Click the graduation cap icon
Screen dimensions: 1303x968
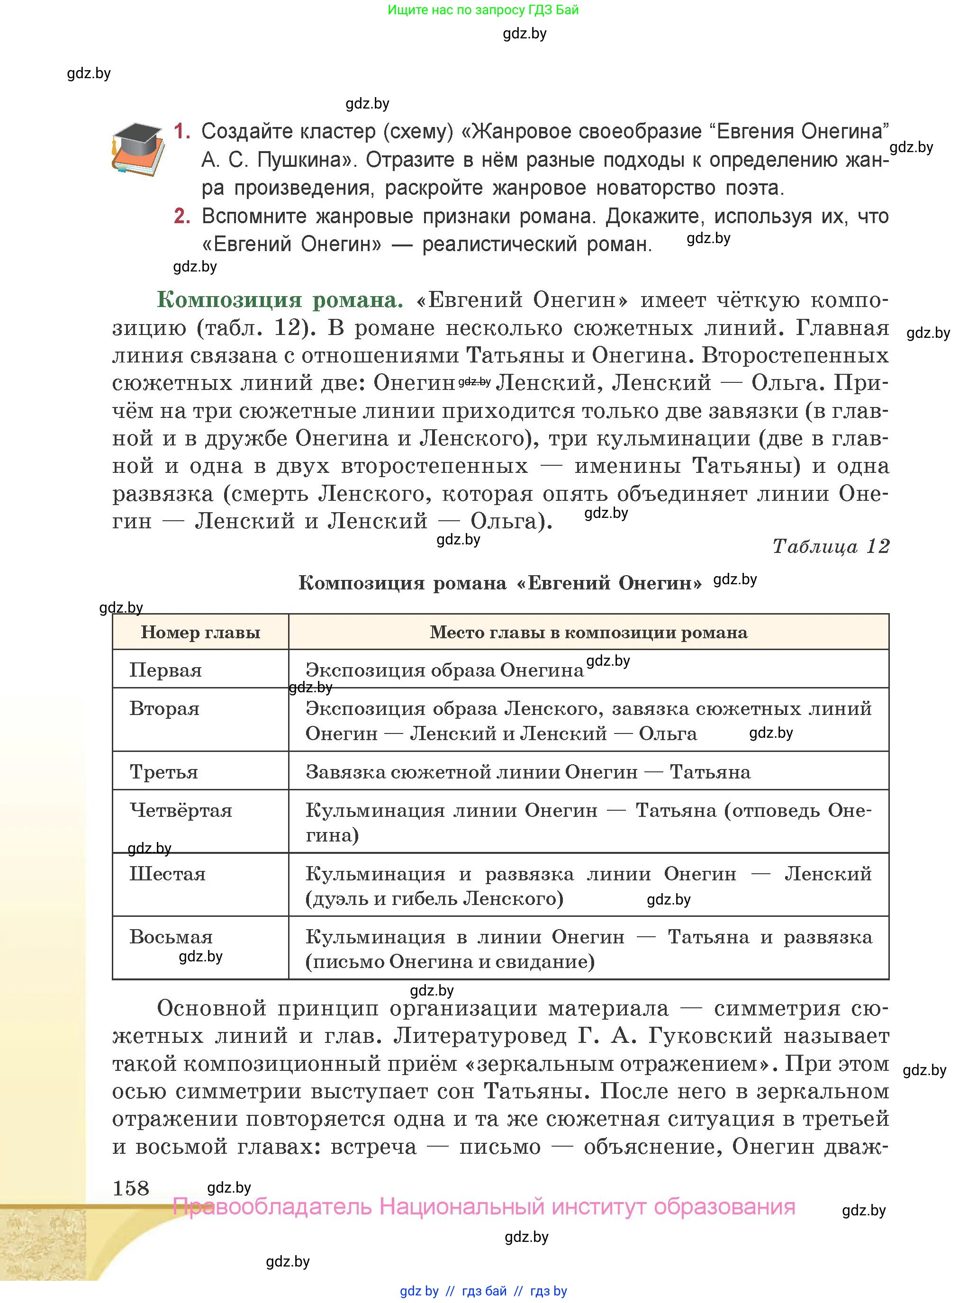(x=138, y=149)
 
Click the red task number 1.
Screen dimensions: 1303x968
(x=181, y=131)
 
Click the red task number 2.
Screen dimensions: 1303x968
(x=181, y=216)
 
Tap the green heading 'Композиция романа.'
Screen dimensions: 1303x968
(x=280, y=299)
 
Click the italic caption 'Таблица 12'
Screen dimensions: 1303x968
(x=830, y=546)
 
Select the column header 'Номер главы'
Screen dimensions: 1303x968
(x=200, y=632)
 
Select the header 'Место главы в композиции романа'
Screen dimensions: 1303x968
(x=588, y=632)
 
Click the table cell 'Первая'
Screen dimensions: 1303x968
(x=166, y=670)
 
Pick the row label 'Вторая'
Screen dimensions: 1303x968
(x=165, y=708)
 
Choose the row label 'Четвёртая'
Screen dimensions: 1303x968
(x=181, y=810)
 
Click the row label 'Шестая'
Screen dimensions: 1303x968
(x=168, y=874)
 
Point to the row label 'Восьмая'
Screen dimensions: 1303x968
(x=171, y=937)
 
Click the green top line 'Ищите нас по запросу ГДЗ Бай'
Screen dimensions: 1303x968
(x=483, y=10)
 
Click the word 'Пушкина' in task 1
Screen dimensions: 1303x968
(x=305, y=159)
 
